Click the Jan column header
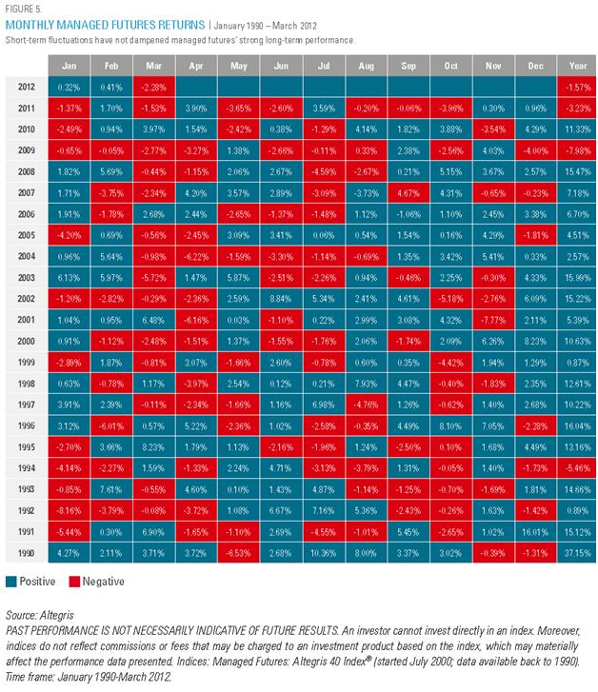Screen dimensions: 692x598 click(x=70, y=66)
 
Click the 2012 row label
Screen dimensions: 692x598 click(x=27, y=87)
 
